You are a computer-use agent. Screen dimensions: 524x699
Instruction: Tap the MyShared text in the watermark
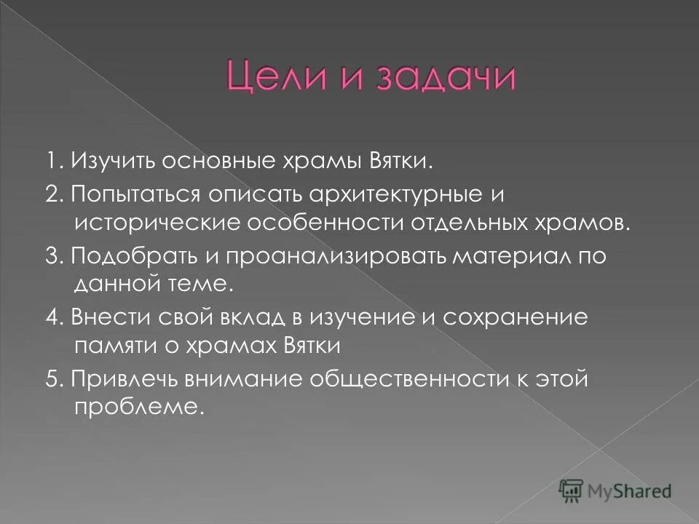631,490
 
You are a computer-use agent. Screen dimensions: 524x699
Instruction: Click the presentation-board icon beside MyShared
572,491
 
